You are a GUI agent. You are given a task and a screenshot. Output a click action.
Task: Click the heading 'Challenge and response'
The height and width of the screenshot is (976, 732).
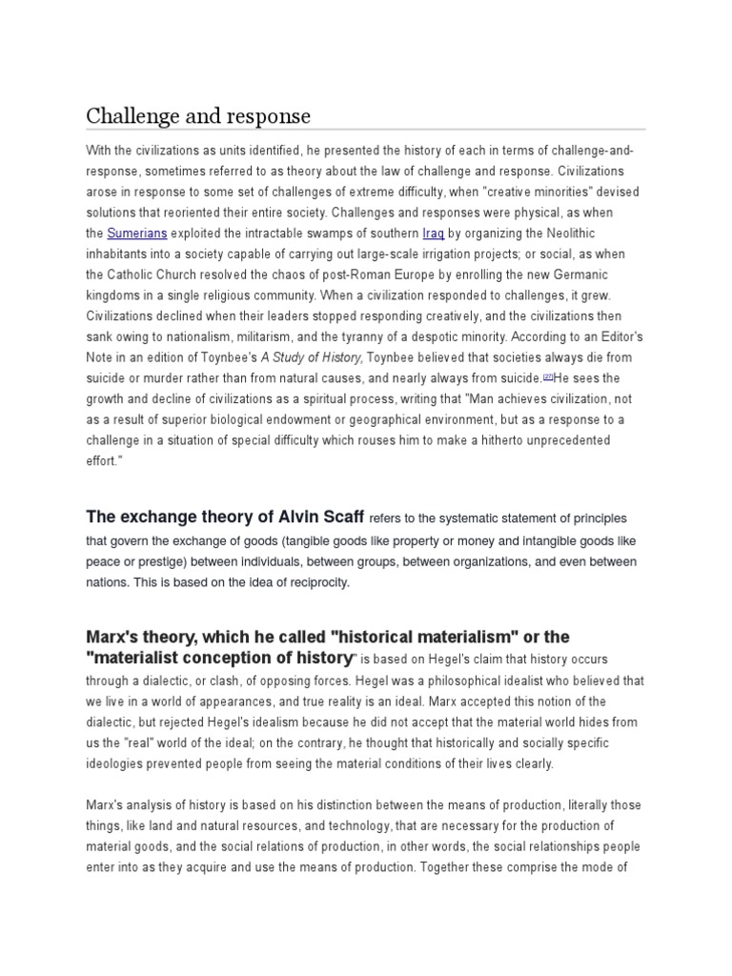(198, 116)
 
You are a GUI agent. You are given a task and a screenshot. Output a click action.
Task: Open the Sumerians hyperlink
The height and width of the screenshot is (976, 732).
(132, 232)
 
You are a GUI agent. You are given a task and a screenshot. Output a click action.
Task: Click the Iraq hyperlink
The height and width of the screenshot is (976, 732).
(434, 232)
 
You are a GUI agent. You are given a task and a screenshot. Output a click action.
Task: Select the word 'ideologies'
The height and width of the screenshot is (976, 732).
(118, 763)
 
